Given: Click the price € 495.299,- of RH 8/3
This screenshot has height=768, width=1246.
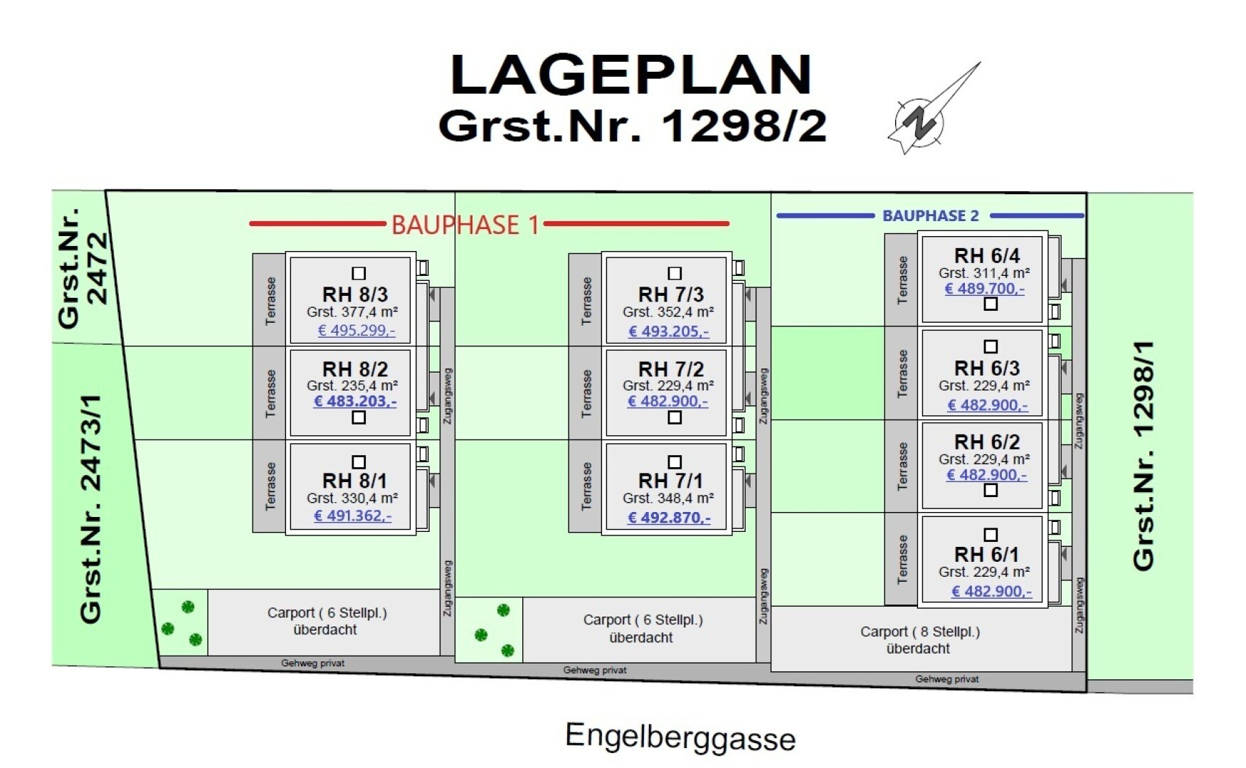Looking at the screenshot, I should coord(356,331).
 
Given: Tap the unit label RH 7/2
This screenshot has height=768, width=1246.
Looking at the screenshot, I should coord(670,369).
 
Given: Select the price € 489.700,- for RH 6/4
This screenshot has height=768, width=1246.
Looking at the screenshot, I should coord(985,289).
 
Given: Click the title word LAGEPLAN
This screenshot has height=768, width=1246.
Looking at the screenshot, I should coord(631,75).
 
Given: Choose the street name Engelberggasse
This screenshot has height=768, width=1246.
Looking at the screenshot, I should coord(680,737).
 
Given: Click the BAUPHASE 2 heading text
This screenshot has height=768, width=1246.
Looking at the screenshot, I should coord(930,215).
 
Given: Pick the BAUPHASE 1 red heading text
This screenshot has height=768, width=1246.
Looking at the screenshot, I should coord(465,225).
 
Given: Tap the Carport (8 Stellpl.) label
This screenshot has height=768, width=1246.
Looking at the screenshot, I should coord(919,639).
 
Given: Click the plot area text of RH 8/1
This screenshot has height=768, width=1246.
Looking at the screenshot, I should coord(352,498).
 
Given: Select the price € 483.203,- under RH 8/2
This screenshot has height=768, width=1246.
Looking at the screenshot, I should coord(355,401).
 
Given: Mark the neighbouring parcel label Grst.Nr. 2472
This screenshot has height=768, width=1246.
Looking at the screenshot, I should coord(83,269).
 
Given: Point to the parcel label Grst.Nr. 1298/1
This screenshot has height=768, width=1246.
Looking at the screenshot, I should coord(1143,455).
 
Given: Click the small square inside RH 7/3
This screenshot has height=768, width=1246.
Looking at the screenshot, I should coord(675,273).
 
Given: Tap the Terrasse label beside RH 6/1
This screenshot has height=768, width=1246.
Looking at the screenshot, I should coord(902,560).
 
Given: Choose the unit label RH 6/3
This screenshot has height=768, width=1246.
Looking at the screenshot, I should coord(986,368).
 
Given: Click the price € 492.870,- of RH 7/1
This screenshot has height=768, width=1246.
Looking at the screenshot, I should coord(669,518).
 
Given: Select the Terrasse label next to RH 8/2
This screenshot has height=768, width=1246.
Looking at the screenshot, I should coord(270,393).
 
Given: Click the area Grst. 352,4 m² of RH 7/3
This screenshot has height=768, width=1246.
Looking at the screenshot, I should coord(668,312).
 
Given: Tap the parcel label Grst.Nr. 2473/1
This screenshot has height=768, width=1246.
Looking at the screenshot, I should coord(91,508).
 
